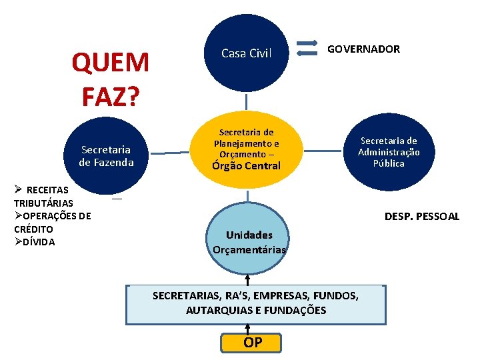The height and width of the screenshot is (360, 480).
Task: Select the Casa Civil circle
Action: [x=247, y=53]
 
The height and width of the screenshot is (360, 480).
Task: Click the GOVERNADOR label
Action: [x=363, y=49]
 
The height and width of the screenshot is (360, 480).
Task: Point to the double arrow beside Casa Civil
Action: [x=307, y=48]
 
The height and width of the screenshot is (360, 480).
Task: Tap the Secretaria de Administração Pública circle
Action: [x=389, y=152]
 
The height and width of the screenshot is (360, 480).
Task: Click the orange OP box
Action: [x=253, y=343]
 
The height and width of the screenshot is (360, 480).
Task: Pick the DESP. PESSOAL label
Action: [x=422, y=216]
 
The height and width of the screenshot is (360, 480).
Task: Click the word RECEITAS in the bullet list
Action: [x=47, y=191]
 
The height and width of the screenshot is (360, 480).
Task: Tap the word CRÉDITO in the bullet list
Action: [x=34, y=229]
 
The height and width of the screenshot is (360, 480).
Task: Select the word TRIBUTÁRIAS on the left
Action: [x=44, y=203]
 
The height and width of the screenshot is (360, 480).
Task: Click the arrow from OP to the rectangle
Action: [x=248, y=329]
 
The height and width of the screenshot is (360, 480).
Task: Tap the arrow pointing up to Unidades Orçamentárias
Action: [x=247, y=279]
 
